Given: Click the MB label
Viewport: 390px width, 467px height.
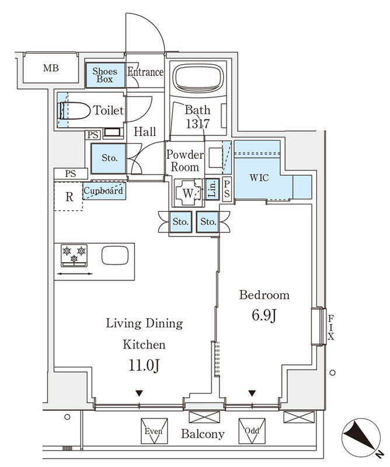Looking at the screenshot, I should click(x=51, y=68).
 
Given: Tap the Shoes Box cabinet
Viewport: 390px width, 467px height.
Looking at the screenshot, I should click(x=106, y=75).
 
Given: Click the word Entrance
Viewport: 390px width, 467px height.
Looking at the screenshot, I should click(x=145, y=72).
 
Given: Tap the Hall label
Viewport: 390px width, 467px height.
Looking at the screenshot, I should click(x=144, y=132).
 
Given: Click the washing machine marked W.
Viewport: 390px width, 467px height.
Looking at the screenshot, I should click(x=188, y=192).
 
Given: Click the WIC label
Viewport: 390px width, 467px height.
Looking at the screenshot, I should click(x=259, y=177).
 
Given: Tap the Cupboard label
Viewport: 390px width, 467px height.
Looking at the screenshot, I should click(x=104, y=191).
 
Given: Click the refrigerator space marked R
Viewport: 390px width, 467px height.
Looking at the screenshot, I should click(x=69, y=196).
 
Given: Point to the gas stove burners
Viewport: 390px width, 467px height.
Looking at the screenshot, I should click(x=74, y=255).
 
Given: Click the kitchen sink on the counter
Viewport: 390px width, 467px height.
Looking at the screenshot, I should click(x=115, y=256).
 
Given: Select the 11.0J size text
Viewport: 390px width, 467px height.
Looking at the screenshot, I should click(x=144, y=365).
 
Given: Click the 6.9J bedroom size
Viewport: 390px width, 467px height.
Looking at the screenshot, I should click(x=264, y=316).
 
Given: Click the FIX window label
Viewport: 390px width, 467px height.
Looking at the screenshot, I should click(x=330, y=327).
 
